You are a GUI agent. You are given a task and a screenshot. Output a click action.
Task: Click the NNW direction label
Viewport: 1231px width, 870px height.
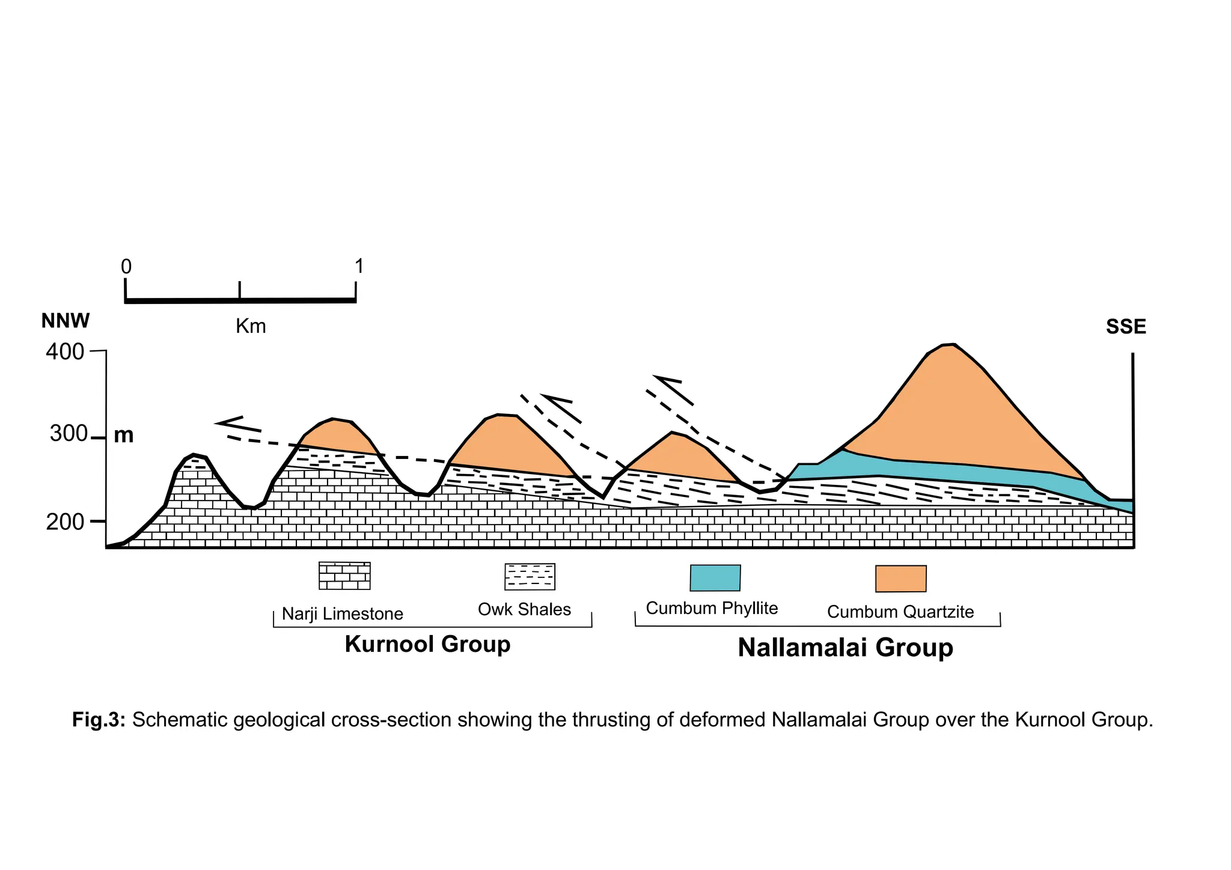pyautogui.click(x=66, y=321)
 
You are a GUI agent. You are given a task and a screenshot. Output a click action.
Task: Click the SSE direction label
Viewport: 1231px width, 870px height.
pyautogui.click(x=1126, y=327)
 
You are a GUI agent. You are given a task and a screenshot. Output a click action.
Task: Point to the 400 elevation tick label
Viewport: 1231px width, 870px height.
pyautogui.click(x=65, y=352)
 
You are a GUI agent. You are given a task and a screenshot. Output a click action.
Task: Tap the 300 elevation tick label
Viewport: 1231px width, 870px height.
pyautogui.click(x=69, y=434)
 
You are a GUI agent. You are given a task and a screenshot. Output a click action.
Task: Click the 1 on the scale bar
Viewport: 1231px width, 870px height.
pyautogui.click(x=359, y=266)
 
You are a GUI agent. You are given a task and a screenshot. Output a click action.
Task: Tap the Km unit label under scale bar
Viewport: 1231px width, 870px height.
pyautogui.click(x=251, y=327)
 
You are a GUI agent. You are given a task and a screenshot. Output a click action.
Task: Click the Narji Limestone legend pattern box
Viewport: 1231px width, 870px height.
pyautogui.click(x=344, y=576)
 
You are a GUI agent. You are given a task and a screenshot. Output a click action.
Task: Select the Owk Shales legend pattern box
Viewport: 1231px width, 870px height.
pyautogui.click(x=530, y=577)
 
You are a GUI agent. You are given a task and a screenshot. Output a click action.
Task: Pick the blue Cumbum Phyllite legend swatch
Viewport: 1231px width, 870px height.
pyautogui.click(x=715, y=578)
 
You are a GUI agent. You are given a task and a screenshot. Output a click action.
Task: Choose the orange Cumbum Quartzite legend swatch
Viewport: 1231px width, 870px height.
pyautogui.click(x=900, y=579)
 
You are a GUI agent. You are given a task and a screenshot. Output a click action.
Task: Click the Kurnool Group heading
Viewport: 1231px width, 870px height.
pyautogui.click(x=427, y=644)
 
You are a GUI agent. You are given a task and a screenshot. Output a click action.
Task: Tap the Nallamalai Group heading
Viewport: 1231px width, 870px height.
pyautogui.click(x=845, y=648)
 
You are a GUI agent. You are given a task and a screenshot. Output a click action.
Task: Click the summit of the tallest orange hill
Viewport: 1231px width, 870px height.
pyautogui.click(x=948, y=345)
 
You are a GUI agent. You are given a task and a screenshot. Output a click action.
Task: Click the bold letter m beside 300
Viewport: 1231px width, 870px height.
pyautogui.click(x=124, y=435)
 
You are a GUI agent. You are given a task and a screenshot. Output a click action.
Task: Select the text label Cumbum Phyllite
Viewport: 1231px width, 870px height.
pyautogui.click(x=712, y=609)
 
